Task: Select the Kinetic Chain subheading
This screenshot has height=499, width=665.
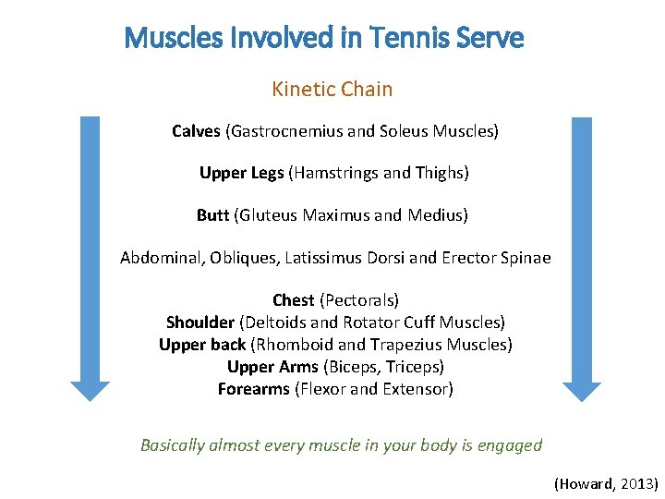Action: pyautogui.click(x=332, y=90)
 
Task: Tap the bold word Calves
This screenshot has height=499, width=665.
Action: pyautogui.click(x=196, y=131)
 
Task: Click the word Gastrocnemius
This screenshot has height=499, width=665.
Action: pyautogui.click(x=284, y=131)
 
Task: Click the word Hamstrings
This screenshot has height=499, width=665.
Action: pyautogui.click(x=335, y=173)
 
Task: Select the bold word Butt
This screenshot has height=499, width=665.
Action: pyautogui.click(x=212, y=215)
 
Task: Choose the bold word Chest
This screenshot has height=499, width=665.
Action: pyautogui.click(x=293, y=300)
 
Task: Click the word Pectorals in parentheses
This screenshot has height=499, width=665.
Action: pyautogui.click(x=359, y=300)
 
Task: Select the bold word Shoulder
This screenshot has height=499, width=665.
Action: pyautogui.click(x=199, y=323)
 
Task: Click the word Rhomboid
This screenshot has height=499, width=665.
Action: pyautogui.click(x=295, y=345)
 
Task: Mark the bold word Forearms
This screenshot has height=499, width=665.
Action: pyautogui.click(x=253, y=389)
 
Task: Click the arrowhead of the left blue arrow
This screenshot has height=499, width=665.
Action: pyautogui.click(x=90, y=389)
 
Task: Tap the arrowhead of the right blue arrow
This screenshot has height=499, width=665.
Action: pyautogui.click(x=582, y=389)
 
